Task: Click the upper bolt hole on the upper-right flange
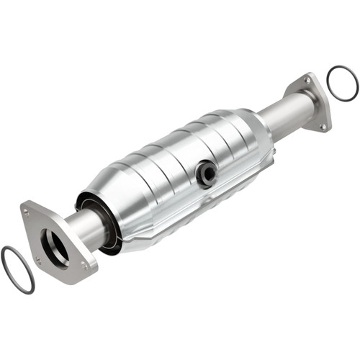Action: pyautogui.click(x=309, y=82)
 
